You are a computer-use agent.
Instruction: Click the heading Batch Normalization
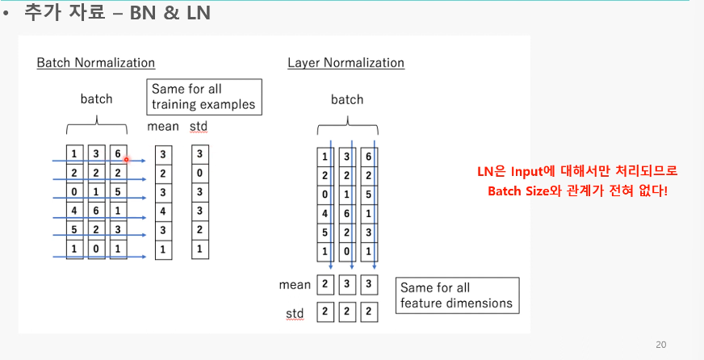click(x=95, y=62)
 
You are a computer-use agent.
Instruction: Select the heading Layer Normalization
click(x=346, y=62)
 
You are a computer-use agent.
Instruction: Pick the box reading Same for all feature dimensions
click(x=456, y=295)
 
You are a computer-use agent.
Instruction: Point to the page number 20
click(x=661, y=345)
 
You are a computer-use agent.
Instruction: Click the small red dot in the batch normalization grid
click(x=127, y=160)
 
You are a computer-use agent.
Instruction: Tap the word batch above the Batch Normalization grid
click(x=96, y=99)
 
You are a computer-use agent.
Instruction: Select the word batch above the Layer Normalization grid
click(x=347, y=99)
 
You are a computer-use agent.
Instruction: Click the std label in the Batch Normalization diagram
click(x=198, y=127)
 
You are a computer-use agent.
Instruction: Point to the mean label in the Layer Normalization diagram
click(x=295, y=284)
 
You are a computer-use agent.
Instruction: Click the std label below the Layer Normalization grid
click(x=295, y=312)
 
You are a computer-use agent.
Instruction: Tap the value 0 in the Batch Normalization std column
click(x=199, y=173)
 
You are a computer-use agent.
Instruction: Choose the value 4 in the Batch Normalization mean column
click(x=163, y=211)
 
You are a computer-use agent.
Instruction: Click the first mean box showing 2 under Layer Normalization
click(x=325, y=284)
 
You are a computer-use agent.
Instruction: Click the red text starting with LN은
click(x=577, y=171)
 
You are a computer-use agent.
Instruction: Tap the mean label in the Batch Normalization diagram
click(x=163, y=127)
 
